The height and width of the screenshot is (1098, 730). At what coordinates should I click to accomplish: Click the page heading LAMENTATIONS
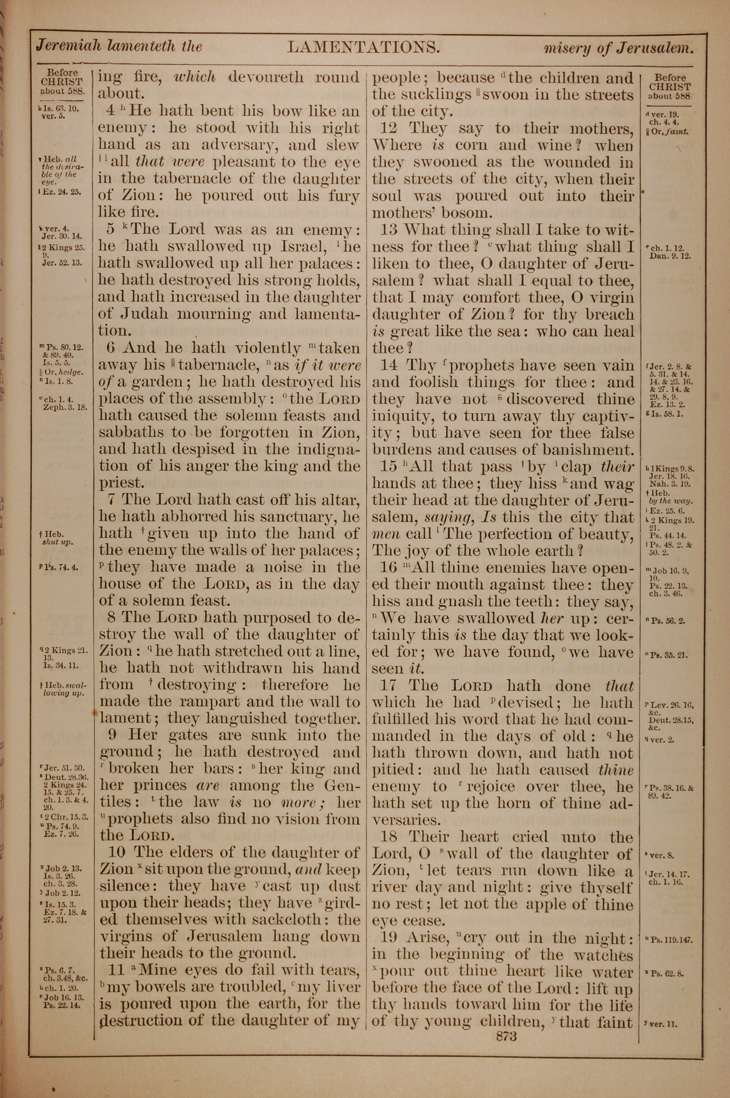[364, 47]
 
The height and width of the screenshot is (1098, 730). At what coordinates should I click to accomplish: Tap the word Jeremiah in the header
[69, 47]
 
